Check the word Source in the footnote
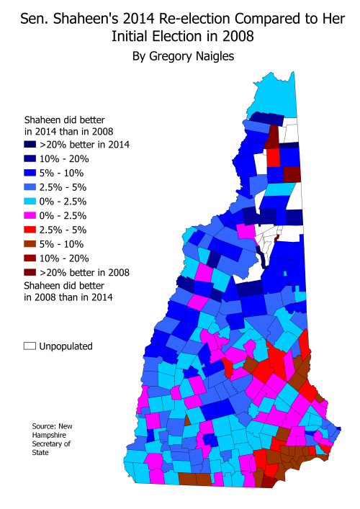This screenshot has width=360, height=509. click(45, 426)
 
